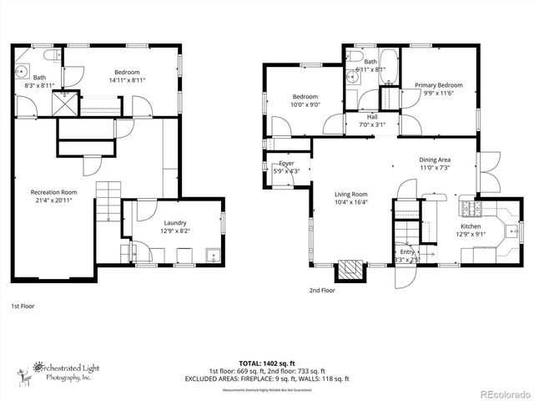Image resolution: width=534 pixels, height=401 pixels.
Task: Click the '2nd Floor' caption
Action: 321,291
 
